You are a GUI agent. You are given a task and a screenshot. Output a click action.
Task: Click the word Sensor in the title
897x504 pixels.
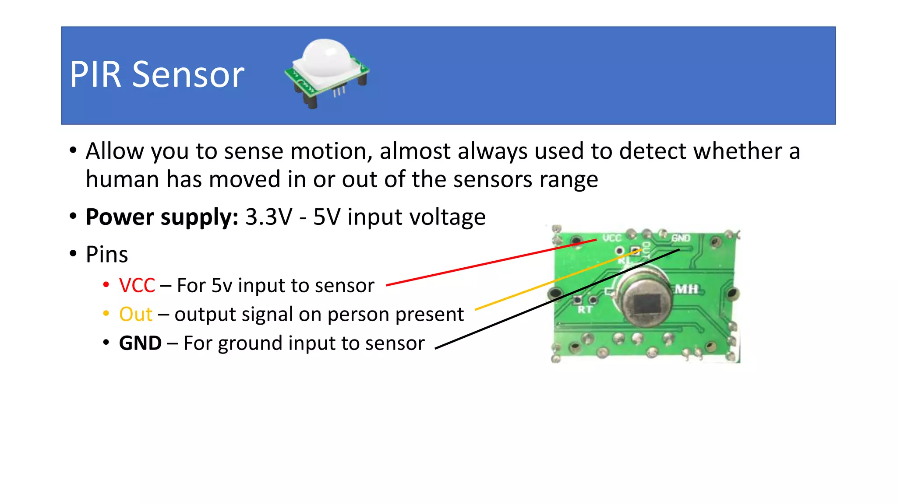188,75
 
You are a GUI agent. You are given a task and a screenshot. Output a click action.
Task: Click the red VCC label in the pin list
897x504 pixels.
137,286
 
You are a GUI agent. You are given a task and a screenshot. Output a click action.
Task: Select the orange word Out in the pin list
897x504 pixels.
136,315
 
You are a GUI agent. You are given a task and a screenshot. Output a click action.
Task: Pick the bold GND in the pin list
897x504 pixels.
140,343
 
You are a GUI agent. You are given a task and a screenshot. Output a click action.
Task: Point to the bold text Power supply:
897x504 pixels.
162,217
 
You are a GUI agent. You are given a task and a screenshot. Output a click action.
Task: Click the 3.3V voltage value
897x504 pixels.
268,217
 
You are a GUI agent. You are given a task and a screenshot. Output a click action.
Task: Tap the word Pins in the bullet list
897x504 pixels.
107,255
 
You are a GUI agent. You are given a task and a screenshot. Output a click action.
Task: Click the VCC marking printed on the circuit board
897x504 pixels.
612,238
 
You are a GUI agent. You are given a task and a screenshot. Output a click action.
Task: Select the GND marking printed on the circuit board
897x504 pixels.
681,238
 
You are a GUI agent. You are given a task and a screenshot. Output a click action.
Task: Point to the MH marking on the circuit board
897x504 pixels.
686,289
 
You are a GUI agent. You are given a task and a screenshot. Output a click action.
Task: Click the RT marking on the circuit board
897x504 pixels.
585,310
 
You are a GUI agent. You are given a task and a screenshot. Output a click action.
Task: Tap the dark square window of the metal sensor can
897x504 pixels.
647,304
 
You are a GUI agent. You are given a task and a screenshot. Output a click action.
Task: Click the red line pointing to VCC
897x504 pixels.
491,262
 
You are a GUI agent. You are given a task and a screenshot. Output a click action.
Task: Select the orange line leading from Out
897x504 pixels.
556,280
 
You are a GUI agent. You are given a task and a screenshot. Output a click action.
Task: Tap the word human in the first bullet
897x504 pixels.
122,180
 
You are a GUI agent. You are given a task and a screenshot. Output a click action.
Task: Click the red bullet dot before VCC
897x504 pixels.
106,285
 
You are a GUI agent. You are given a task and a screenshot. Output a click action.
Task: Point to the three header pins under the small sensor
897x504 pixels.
339,91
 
